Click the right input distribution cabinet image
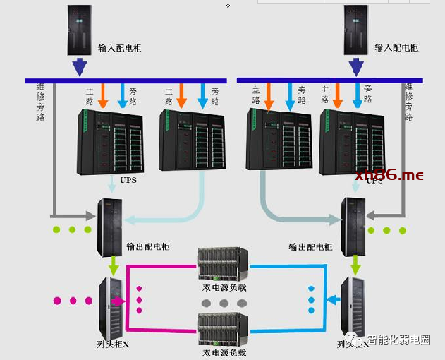coord(357,30)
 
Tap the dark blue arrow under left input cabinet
coord(80,67)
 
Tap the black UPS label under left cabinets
coord(128,180)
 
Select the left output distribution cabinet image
coord(109,227)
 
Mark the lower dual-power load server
coord(224,329)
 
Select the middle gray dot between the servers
coord(224,303)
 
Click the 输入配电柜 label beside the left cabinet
coord(120,48)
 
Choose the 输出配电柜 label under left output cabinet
coord(150,247)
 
